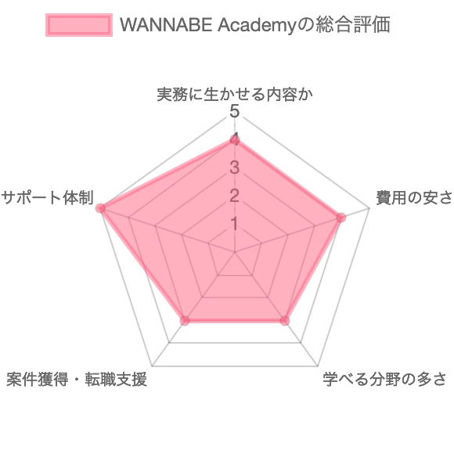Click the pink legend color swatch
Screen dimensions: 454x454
(x=79, y=25)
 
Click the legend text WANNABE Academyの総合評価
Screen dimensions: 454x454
(x=255, y=25)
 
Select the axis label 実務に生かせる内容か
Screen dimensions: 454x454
(x=235, y=95)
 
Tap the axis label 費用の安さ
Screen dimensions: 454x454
(x=414, y=198)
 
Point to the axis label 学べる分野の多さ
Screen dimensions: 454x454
(x=384, y=379)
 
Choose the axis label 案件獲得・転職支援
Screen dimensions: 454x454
(x=77, y=379)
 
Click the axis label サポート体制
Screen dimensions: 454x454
(x=47, y=198)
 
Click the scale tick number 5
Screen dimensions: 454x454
(x=235, y=112)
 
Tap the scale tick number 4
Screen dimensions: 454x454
(x=235, y=140)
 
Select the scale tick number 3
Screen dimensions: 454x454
(x=235, y=168)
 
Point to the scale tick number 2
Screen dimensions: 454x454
(x=235, y=196)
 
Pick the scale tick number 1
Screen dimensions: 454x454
(x=235, y=224)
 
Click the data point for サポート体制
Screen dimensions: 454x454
(x=100, y=208)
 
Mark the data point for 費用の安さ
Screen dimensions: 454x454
(x=341, y=218)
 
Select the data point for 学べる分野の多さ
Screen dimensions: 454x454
(x=285, y=320)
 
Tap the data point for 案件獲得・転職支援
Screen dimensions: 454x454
(x=185, y=320)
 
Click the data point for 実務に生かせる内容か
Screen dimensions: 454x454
(x=235, y=140)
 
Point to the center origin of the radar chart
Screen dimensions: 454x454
(x=235, y=252)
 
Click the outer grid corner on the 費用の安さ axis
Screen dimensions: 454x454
(x=369, y=208)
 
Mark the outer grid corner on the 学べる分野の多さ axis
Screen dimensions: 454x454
(x=318, y=366)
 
